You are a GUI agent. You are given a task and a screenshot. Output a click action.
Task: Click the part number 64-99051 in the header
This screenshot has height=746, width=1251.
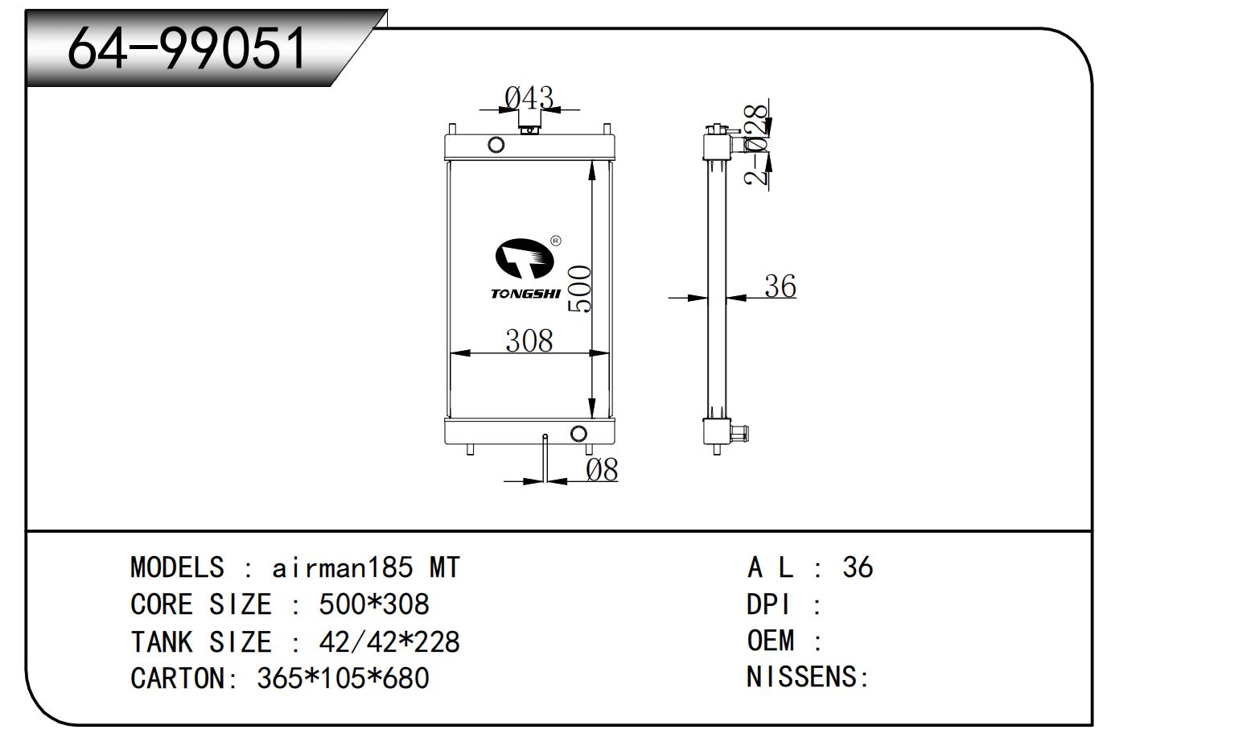point(187,47)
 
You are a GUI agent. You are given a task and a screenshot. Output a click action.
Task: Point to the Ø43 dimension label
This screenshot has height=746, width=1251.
point(529,98)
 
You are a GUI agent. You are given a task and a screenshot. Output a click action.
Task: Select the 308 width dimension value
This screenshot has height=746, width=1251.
point(529,340)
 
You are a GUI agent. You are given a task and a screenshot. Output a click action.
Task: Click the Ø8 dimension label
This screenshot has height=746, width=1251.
point(602,470)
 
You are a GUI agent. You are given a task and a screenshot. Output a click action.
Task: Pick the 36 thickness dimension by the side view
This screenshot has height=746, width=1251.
point(780,286)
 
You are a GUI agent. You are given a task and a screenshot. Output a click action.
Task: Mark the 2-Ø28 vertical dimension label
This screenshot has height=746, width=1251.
point(756,145)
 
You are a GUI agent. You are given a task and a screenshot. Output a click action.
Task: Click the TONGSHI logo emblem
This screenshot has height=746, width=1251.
point(525,258)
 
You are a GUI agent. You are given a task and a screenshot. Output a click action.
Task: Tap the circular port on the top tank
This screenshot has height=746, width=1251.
point(496,145)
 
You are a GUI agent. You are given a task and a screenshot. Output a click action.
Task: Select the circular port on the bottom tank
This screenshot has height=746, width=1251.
point(578,434)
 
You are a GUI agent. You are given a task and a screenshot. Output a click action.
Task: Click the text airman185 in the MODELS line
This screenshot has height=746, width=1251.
point(343,567)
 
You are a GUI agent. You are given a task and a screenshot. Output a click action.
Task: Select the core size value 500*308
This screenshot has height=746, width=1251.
point(374,604)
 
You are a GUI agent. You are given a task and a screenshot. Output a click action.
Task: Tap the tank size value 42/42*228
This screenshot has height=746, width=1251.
point(389,641)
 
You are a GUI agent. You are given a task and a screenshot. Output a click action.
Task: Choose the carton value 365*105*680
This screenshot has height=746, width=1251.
point(343,678)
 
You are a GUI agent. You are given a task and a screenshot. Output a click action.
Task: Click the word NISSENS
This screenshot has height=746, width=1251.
point(802,677)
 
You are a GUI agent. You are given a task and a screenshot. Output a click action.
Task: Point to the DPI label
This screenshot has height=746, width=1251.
point(768,604)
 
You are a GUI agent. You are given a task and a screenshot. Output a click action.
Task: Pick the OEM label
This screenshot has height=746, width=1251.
point(771,641)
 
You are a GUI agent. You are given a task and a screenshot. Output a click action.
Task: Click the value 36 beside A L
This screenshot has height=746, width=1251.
point(858,567)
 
